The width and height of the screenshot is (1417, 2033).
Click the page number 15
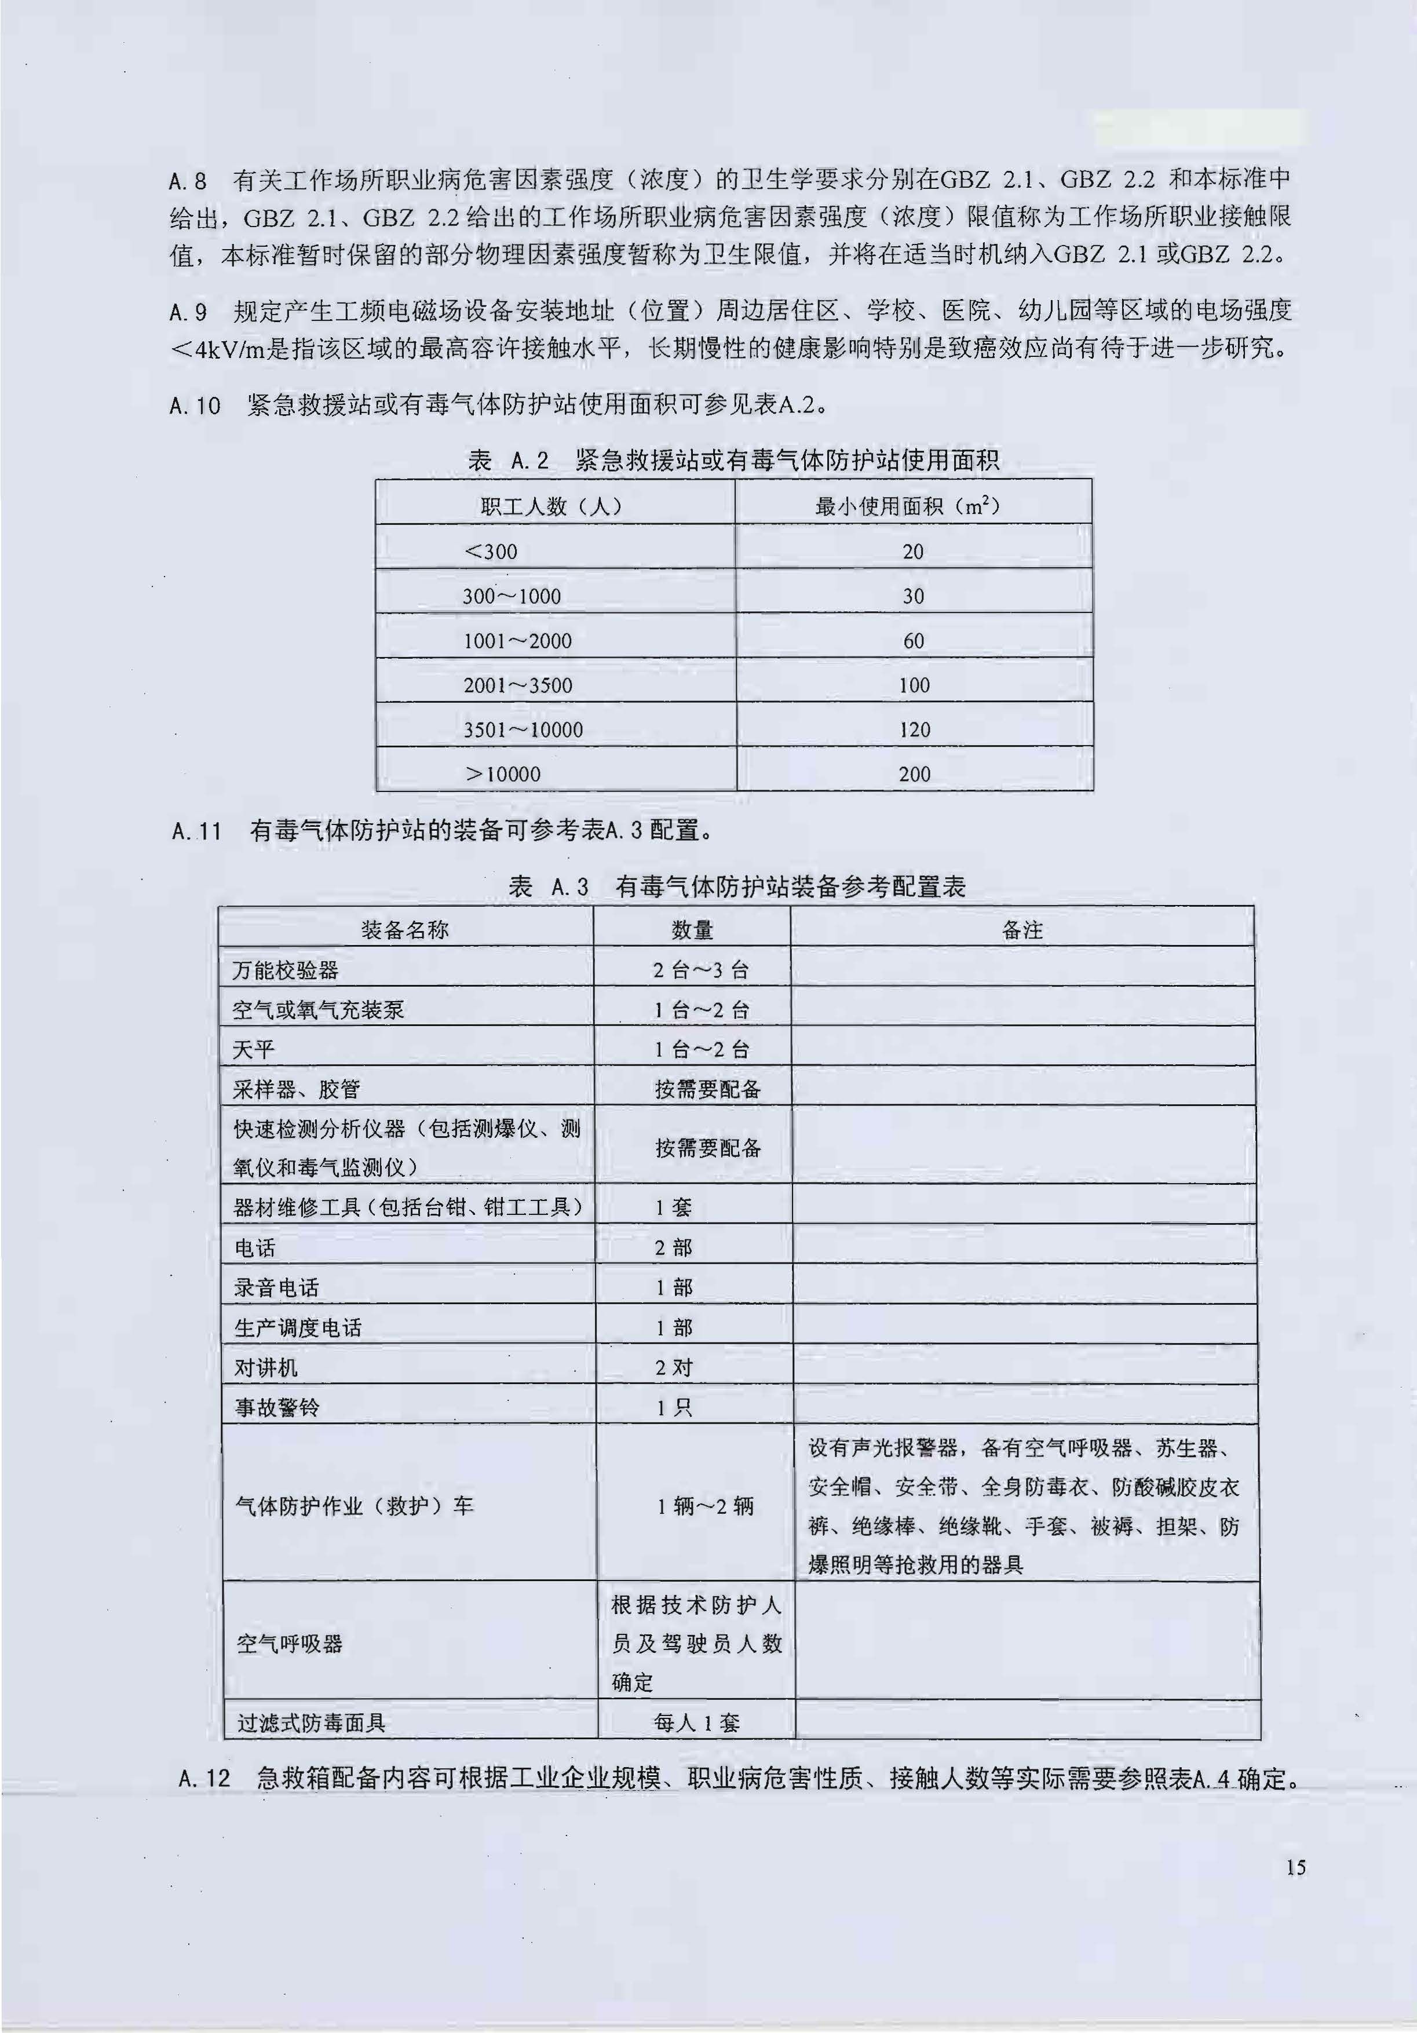coord(1295,1867)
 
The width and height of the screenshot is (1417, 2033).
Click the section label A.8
coord(188,181)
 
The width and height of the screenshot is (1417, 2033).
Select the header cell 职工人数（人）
coord(551,506)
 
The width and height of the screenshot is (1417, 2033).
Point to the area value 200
coord(914,774)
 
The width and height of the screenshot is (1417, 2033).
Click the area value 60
coord(913,640)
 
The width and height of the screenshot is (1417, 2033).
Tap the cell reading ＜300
coord(491,551)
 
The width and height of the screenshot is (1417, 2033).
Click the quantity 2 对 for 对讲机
coord(674,1367)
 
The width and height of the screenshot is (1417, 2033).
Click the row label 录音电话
coord(276,1287)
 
